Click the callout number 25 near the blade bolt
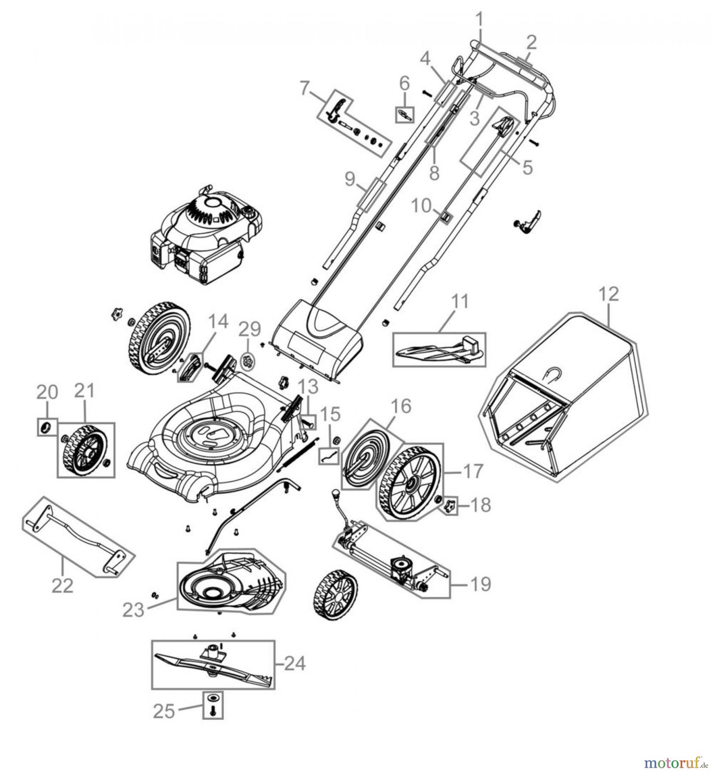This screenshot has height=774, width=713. [164, 712]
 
